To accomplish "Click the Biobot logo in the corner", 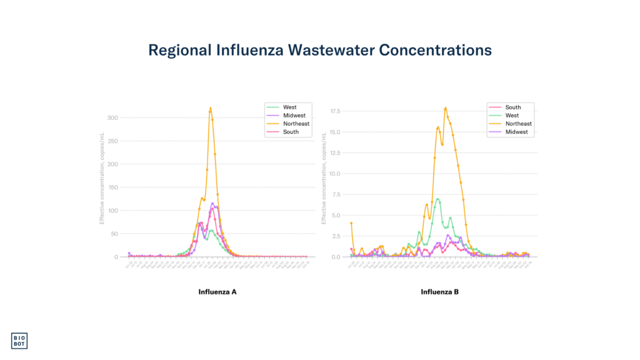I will (x=19, y=341).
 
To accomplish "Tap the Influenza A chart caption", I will (x=217, y=292).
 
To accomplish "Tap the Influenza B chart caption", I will (x=439, y=292).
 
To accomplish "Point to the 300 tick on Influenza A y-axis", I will (x=112, y=117).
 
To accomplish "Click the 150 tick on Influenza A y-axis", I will (x=112, y=187).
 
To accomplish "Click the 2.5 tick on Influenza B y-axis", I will (x=336, y=236).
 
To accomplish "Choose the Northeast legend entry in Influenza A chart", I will (x=296, y=124).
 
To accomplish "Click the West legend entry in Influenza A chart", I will (x=290, y=107).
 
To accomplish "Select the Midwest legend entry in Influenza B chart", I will (x=517, y=132).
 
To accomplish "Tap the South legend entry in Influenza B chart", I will (x=513, y=107).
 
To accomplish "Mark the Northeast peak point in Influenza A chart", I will (x=211, y=108).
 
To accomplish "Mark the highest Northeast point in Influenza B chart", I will (x=446, y=108).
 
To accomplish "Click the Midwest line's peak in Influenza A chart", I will (x=212, y=203).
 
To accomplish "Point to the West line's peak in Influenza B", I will (x=438, y=199).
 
